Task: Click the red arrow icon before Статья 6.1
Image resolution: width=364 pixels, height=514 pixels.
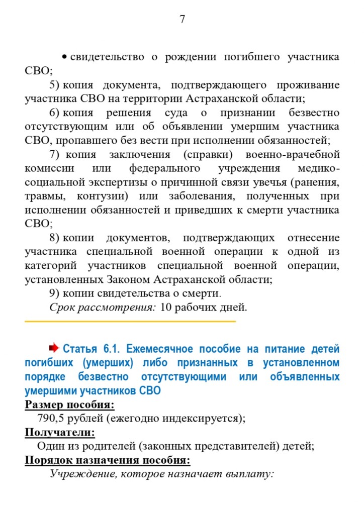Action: pyautogui.click(x=54, y=348)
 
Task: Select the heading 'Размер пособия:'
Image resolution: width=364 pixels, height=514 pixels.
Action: pyautogui.click(x=69, y=404)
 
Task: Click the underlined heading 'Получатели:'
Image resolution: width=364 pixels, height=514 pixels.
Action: pyautogui.click(x=60, y=432)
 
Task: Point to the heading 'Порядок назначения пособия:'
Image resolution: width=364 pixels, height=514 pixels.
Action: pyautogui.click(x=107, y=460)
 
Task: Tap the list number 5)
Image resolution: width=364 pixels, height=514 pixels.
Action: pyautogui.click(x=54, y=85)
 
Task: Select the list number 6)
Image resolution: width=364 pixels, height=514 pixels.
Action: pyautogui.click(x=54, y=113)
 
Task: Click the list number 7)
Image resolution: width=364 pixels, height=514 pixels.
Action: pyautogui.click(x=54, y=154)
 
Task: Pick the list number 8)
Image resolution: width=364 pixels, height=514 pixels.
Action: pyautogui.click(x=54, y=238)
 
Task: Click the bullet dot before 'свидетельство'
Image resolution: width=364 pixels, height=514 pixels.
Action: pyautogui.click(x=65, y=57)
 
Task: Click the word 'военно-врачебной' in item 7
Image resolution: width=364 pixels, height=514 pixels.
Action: pyautogui.click(x=293, y=154)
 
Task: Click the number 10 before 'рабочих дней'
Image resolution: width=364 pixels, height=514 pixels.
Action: pyautogui.click(x=166, y=307)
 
